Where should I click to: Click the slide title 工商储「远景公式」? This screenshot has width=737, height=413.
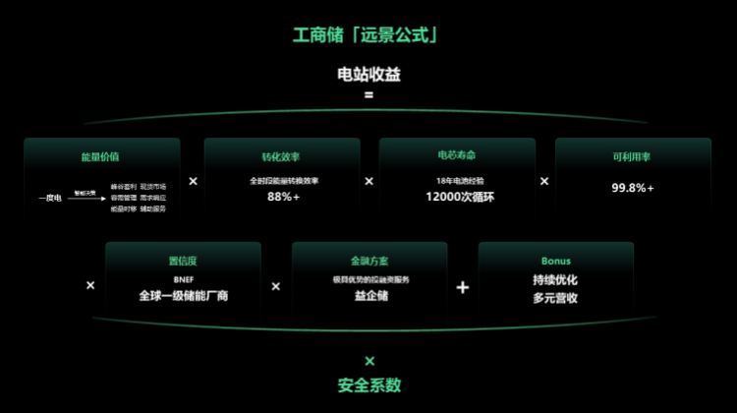point(368,35)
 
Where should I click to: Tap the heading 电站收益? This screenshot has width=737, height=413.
point(368,75)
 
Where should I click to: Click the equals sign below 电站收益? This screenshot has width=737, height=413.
point(368,95)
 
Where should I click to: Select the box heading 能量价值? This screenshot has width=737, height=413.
point(100,156)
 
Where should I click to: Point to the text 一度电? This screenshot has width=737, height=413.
point(50,198)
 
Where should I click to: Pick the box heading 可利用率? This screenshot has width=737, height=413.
point(632,156)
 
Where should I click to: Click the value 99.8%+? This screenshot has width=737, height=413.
point(632,188)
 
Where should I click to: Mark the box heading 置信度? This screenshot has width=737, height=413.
point(183,262)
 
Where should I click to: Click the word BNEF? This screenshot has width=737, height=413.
point(183,280)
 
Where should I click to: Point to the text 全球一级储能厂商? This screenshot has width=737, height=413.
point(183,296)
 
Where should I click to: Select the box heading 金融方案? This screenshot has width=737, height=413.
point(368,262)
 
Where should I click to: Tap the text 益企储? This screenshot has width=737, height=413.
point(368,296)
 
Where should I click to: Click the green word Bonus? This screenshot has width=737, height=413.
point(555,262)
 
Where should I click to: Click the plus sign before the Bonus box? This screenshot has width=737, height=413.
point(463,287)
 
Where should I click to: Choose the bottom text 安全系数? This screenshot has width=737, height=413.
point(368,385)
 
